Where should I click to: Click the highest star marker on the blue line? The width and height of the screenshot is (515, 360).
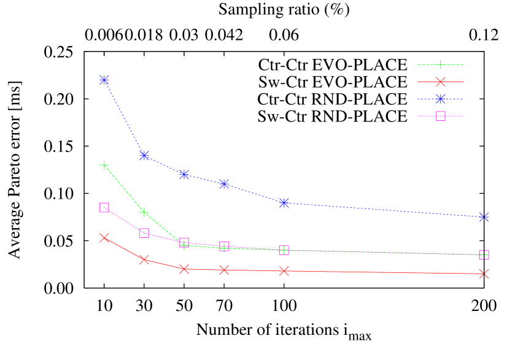(104, 80)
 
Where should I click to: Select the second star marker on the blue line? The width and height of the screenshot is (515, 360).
(144, 156)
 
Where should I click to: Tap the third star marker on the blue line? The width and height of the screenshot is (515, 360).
(184, 175)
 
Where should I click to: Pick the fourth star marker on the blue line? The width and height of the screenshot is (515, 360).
(224, 184)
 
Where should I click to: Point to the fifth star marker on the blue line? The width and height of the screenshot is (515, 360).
(284, 203)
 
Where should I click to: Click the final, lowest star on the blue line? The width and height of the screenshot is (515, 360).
(484, 217)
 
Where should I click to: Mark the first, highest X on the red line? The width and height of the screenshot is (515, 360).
(104, 238)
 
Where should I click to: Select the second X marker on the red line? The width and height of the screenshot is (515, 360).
(144, 260)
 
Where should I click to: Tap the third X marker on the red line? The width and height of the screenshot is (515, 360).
(184, 269)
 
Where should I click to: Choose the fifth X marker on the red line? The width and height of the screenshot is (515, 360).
(284, 271)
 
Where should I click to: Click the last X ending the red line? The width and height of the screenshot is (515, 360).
(484, 274)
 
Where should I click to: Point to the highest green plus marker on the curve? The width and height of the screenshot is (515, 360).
(104, 165)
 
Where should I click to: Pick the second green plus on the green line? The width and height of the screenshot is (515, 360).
(144, 213)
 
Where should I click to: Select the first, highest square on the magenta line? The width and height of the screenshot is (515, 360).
(104, 208)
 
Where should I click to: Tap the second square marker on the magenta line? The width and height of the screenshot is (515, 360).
(144, 233)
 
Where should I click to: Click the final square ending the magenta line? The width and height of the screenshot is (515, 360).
(484, 255)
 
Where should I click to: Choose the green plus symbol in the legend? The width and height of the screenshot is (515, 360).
(440, 65)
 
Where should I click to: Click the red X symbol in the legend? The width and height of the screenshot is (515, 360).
(440, 82)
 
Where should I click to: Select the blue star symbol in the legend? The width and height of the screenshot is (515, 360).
(440, 99)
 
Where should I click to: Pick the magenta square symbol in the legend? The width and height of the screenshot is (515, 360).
(440, 116)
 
